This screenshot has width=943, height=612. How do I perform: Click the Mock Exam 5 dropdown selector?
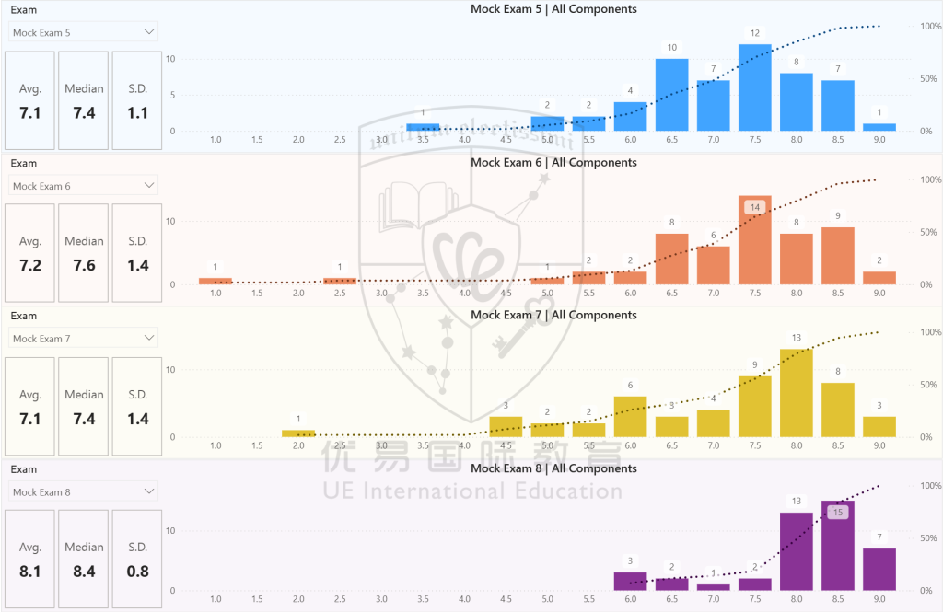click(83, 32)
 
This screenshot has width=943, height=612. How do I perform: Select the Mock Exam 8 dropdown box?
click(83, 491)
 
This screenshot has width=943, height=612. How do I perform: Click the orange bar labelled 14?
click(754, 240)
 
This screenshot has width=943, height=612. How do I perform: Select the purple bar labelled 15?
click(837, 546)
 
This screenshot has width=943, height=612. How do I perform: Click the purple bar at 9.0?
click(879, 569)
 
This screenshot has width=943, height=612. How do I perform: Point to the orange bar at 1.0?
click(215, 281)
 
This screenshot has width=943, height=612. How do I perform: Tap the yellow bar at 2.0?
click(298, 433)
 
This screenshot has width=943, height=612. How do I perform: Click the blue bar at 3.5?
click(423, 127)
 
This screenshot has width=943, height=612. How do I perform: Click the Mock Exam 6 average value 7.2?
click(30, 266)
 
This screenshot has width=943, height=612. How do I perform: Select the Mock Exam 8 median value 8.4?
click(84, 571)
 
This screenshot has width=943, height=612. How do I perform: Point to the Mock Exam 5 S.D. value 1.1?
click(137, 113)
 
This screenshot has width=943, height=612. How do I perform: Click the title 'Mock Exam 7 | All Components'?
click(553, 315)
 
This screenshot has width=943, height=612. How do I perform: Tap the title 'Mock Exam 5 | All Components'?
click(553, 9)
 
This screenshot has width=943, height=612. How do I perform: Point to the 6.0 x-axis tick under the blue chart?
click(630, 139)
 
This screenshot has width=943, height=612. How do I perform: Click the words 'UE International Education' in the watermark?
click(472, 491)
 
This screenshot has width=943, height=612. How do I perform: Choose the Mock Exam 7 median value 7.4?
click(84, 419)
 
